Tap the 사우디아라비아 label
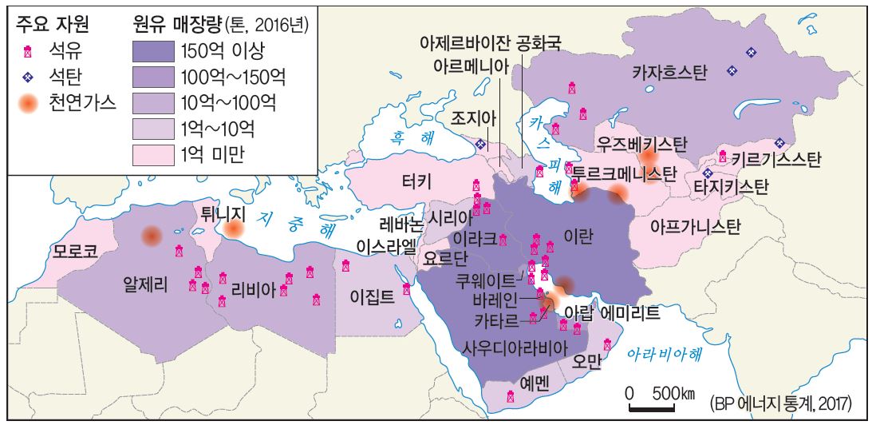click(x=515, y=348)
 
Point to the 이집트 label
click(x=372, y=296)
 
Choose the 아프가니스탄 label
click(x=696, y=226)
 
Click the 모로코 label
click(x=75, y=250)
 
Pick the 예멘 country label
click(x=535, y=382)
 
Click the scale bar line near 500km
click(x=652, y=409)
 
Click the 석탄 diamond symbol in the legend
click(x=28, y=77)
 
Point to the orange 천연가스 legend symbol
click(x=28, y=103)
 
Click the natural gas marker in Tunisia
click(x=233, y=229)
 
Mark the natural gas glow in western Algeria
click(x=151, y=236)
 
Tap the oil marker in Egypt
click(x=407, y=289)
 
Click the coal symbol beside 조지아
click(x=480, y=145)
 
